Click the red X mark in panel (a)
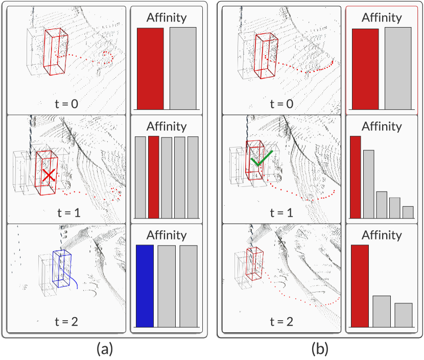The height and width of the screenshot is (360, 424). click(x=49, y=176)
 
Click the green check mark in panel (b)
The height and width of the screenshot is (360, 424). click(x=262, y=159)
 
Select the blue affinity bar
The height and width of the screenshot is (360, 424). click(x=145, y=286)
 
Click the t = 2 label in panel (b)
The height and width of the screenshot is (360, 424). click(x=282, y=321)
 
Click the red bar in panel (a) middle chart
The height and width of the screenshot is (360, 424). click(x=154, y=177)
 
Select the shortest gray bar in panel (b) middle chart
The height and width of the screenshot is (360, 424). click(x=408, y=212)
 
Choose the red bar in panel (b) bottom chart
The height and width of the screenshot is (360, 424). click(x=360, y=285)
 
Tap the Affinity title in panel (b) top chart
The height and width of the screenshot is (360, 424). click(x=382, y=17)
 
